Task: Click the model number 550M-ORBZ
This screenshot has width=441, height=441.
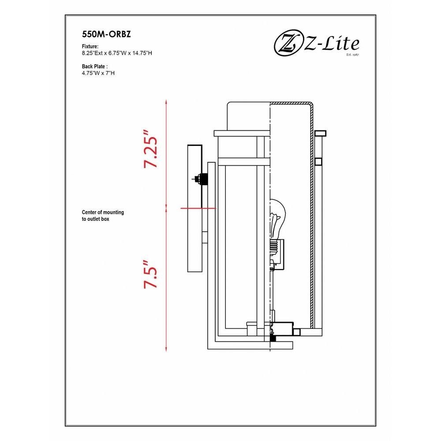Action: point(106,34)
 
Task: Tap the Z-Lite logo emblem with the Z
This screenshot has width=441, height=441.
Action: point(287,44)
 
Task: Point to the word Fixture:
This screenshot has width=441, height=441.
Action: point(90,46)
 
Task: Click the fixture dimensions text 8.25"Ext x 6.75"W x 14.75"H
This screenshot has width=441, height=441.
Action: point(117,53)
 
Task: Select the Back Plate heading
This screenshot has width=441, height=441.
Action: point(95,67)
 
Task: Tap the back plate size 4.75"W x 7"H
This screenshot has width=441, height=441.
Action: point(98,73)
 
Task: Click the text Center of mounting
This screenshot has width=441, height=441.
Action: point(103,213)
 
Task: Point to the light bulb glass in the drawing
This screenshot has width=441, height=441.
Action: point(277,217)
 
